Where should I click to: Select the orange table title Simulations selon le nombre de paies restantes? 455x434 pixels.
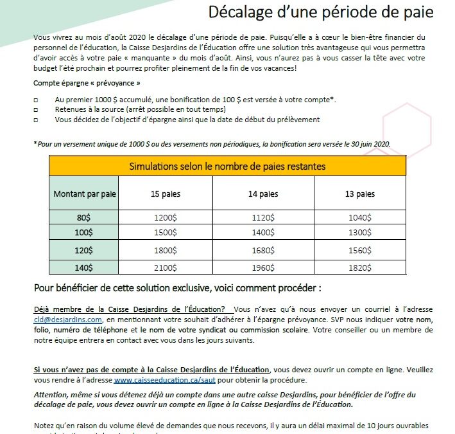(227, 167)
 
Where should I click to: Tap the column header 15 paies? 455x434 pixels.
(164, 194)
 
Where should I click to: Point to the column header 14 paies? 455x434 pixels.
(262, 194)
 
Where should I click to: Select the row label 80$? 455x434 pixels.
(84, 218)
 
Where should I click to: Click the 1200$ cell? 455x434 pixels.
(164, 218)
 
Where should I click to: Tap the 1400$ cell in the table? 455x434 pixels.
(262, 233)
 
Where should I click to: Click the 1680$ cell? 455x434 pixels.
(262, 249)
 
